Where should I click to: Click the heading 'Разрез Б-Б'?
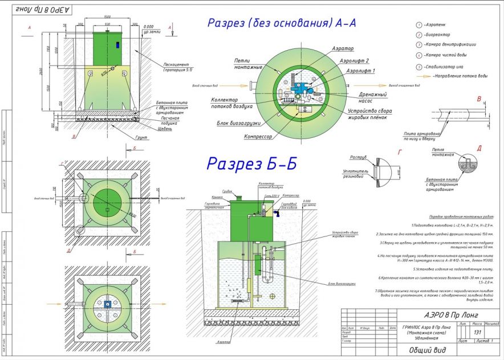(251, 163)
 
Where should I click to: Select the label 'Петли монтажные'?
(248, 63)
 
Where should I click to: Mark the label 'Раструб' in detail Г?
(358, 156)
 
